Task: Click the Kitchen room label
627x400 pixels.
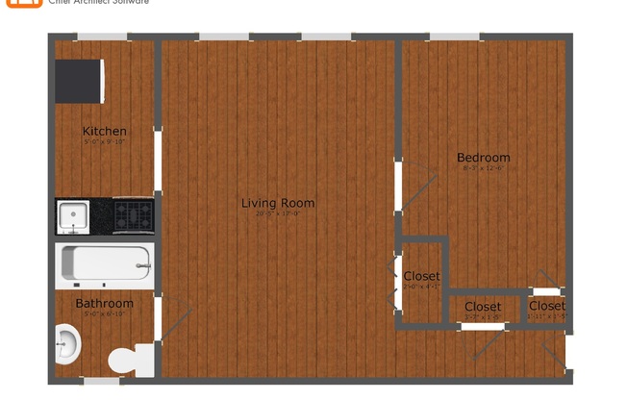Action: (x=104, y=131)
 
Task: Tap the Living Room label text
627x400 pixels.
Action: (x=277, y=203)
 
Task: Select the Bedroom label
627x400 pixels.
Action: (x=483, y=158)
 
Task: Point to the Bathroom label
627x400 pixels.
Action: (x=104, y=304)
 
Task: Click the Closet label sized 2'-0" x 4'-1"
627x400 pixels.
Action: (x=421, y=276)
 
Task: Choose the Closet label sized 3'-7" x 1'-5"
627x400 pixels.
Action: (x=482, y=307)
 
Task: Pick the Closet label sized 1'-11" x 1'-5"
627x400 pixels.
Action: (x=547, y=306)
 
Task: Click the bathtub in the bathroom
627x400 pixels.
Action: (x=105, y=265)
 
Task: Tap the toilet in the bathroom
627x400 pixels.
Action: (x=131, y=361)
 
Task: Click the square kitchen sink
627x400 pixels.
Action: (x=73, y=216)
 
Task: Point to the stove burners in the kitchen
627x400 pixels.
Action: (x=133, y=215)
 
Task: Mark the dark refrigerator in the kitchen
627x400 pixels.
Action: (x=79, y=81)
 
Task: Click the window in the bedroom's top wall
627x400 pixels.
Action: (x=454, y=37)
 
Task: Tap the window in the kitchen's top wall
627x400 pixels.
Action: (x=102, y=37)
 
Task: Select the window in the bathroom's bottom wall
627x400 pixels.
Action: (x=102, y=381)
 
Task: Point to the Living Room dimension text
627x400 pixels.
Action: (x=277, y=214)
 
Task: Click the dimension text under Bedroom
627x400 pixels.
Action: (x=483, y=168)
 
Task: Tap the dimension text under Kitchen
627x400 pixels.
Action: (x=104, y=141)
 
